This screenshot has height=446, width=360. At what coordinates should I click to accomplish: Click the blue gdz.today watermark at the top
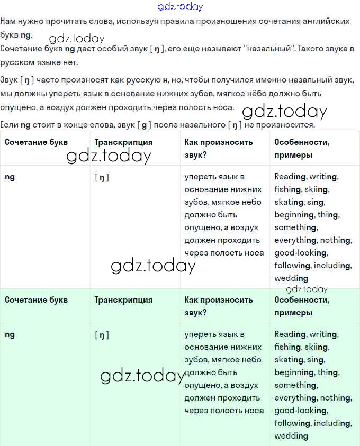tap(180, 6)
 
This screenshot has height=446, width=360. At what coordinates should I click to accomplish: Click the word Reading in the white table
tap(290, 177)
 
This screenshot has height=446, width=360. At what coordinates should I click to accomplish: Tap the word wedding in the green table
tap(291, 436)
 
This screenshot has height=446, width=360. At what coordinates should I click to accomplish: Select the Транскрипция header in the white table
tap(123, 142)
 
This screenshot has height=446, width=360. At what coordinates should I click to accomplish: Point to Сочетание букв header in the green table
tap(36, 300)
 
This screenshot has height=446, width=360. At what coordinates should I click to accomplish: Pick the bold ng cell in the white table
tap(10, 177)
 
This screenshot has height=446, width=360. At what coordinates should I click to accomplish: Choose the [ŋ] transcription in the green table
tap(102, 335)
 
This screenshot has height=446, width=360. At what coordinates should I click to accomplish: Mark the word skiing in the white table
tap(317, 189)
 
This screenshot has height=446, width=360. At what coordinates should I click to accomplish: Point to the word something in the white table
tap(295, 227)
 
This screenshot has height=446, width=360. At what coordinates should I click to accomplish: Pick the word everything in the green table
tap(295, 398)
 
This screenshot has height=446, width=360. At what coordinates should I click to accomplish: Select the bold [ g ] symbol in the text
tap(142, 125)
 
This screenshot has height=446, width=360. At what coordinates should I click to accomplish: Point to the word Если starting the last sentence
tap(9, 125)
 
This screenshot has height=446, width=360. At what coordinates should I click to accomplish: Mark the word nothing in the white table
tap(336, 240)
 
